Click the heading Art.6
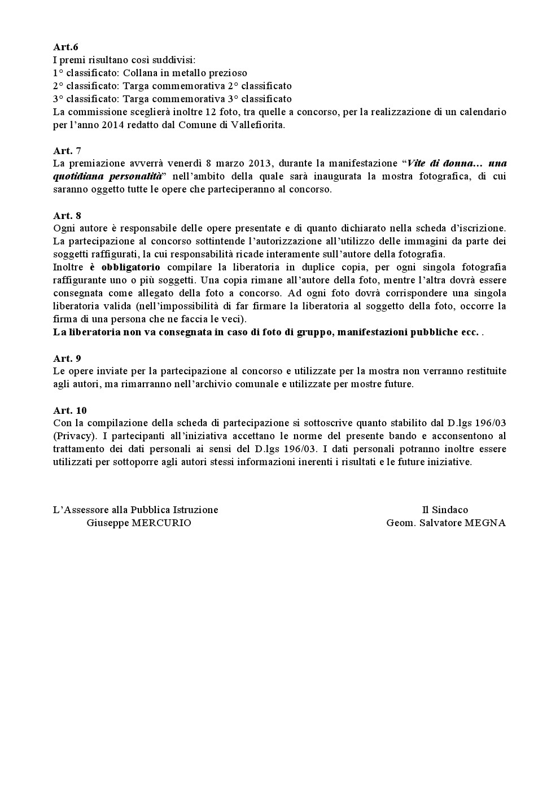pyautogui.click(x=65, y=47)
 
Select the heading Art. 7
pyautogui.click(x=67, y=150)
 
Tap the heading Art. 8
pyautogui.click(x=67, y=215)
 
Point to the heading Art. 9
pyautogui.click(x=67, y=358)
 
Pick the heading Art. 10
pyautogui.click(x=70, y=410)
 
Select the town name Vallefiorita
pyautogui.click(x=257, y=125)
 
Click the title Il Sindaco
pyautogui.click(x=445, y=510)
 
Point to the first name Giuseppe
pyautogui.click(x=107, y=523)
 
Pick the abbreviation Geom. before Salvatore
pyautogui.click(x=400, y=523)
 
